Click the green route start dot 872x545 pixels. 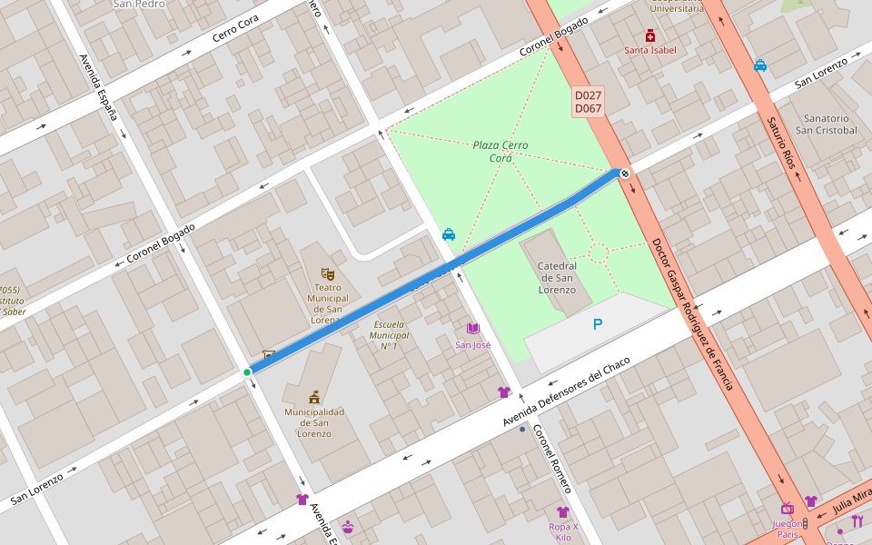[247, 372]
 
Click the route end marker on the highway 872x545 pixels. [625, 173]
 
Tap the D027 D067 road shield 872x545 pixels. [589, 102]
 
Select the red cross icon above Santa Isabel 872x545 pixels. [650, 35]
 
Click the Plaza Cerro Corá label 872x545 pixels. [500, 152]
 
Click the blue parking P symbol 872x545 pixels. [598, 324]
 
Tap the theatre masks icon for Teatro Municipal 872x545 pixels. [328, 273]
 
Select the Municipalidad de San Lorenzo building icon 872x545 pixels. [314, 397]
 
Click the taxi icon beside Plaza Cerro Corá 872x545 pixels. [449, 234]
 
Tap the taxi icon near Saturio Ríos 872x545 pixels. [760, 65]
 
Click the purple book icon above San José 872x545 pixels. [472, 329]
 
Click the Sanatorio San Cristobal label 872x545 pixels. [826, 124]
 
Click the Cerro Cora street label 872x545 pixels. [235, 29]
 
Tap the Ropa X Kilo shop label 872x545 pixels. [563, 531]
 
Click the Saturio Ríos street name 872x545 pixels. [786, 143]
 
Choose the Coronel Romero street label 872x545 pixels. [551, 459]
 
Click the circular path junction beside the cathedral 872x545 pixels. [598, 253]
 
